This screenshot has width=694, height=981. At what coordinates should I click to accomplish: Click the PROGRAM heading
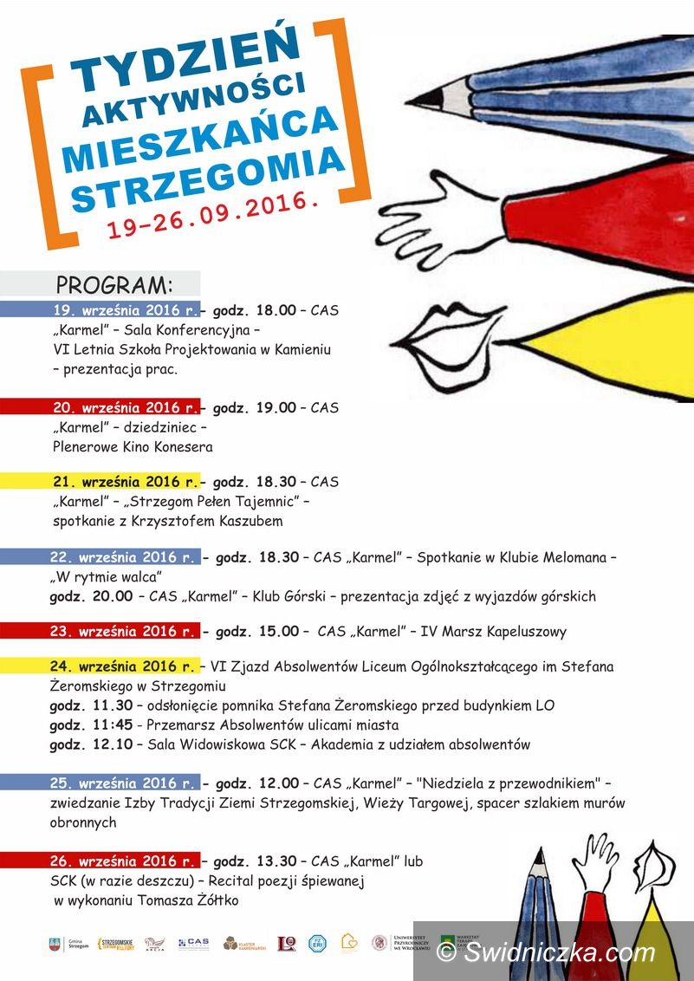(114, 285)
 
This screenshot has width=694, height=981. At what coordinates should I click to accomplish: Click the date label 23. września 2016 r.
(124, 631)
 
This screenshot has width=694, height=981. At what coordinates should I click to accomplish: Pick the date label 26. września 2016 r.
(124, 861)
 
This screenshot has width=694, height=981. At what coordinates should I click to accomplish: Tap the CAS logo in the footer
(193, 944)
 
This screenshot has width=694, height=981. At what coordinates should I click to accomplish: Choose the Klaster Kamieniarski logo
(242, 944)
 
